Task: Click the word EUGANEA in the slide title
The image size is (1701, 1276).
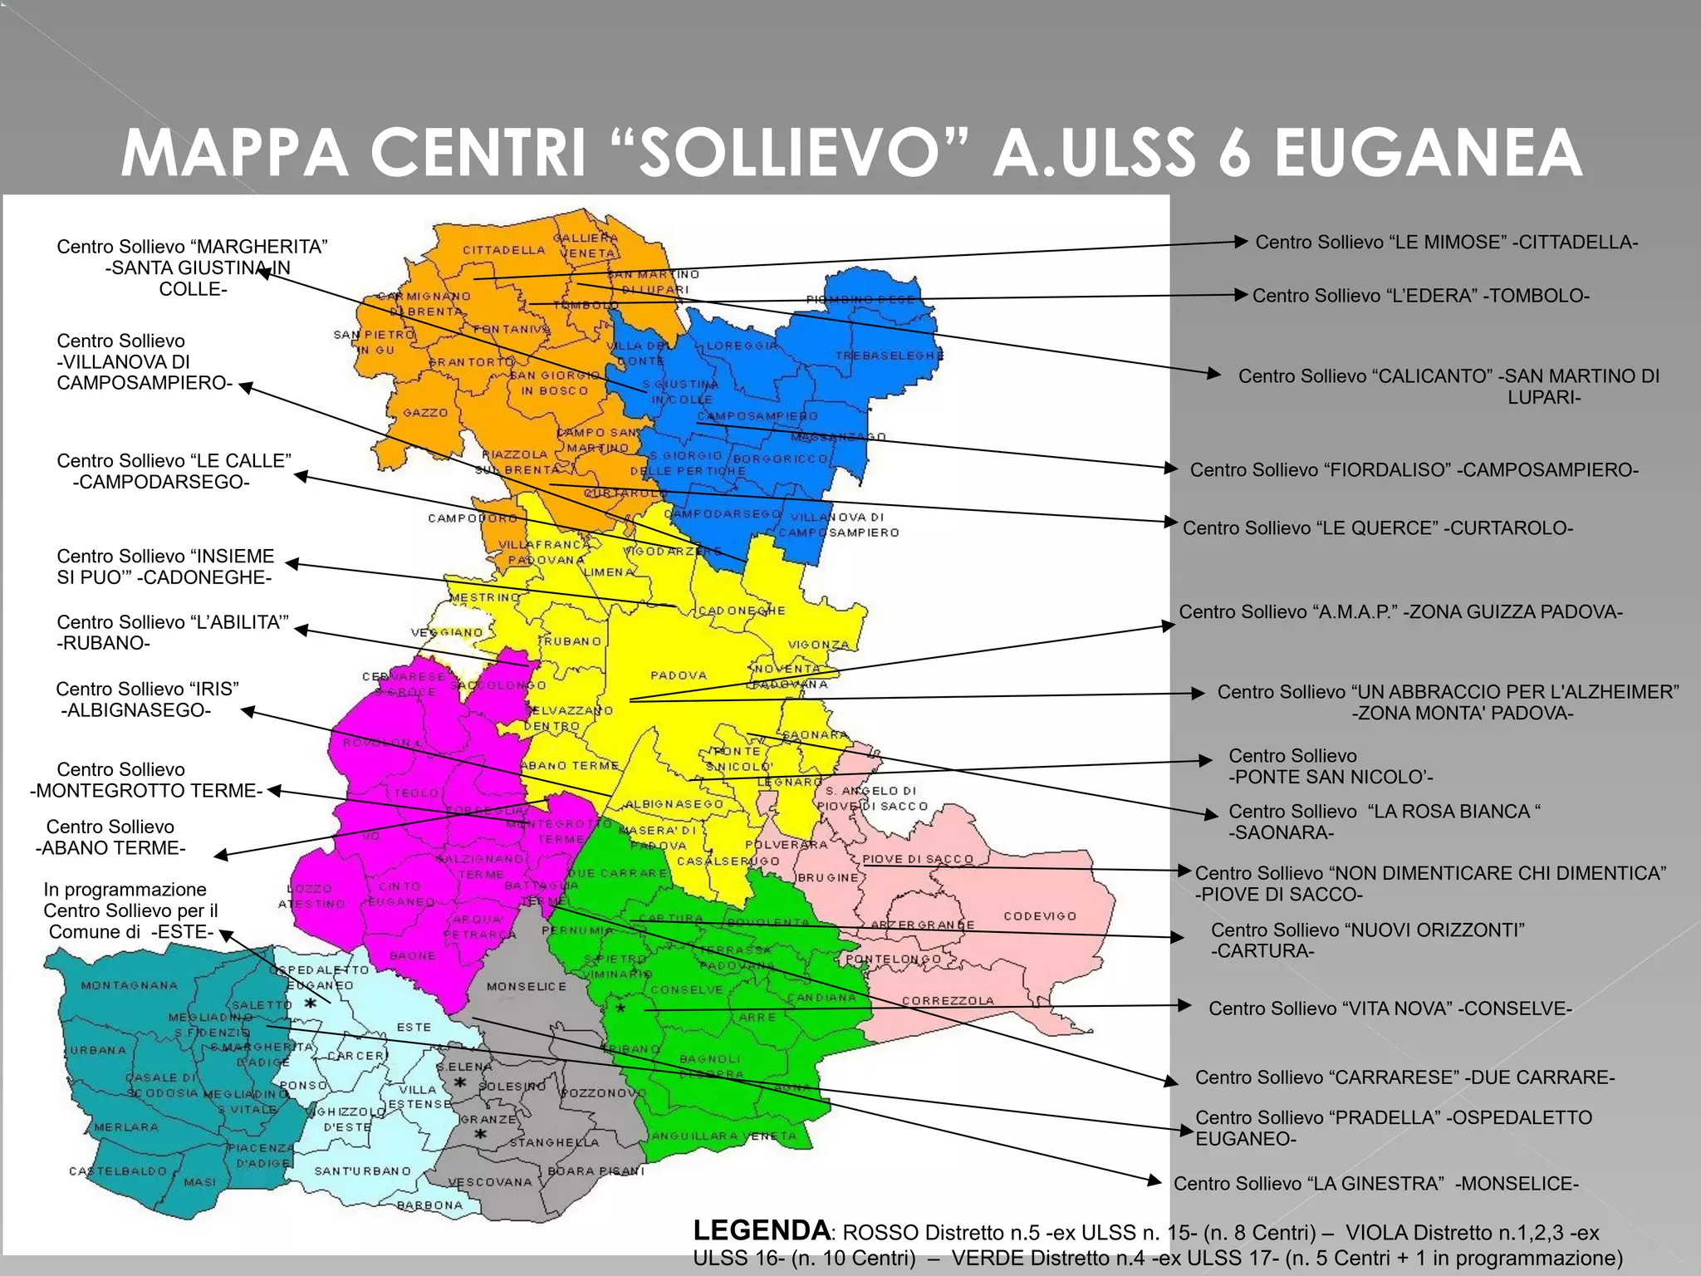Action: [1428, 153]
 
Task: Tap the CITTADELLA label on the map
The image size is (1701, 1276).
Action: [503, 250]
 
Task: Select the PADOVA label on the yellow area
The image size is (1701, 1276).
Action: [679, 675]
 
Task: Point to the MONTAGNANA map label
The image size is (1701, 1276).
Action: [130, 985]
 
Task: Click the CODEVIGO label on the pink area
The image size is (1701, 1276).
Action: [1040, 915]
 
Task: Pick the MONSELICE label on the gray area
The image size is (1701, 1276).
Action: [527, 986]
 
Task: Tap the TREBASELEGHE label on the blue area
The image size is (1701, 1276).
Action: [889, 356]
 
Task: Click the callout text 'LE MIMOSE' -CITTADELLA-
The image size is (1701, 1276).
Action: [1446, 243]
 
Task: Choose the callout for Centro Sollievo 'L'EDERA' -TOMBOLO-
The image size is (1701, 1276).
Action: [1420, 296]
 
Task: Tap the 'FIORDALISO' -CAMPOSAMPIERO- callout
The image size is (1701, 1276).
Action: [1414, 470]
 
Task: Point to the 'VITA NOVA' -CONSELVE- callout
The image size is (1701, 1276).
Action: [1390, 1009]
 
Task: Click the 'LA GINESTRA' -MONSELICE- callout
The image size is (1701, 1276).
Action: [1375, 1183]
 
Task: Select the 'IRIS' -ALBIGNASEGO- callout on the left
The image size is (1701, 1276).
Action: [146, 699]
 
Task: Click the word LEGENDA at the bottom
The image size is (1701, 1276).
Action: [761, 1230]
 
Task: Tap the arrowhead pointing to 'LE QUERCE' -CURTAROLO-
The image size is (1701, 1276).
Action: [1172, 523]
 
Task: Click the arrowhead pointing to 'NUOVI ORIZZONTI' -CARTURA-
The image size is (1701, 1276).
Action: [1178, 937]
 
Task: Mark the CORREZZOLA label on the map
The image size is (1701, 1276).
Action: [948, 1000]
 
